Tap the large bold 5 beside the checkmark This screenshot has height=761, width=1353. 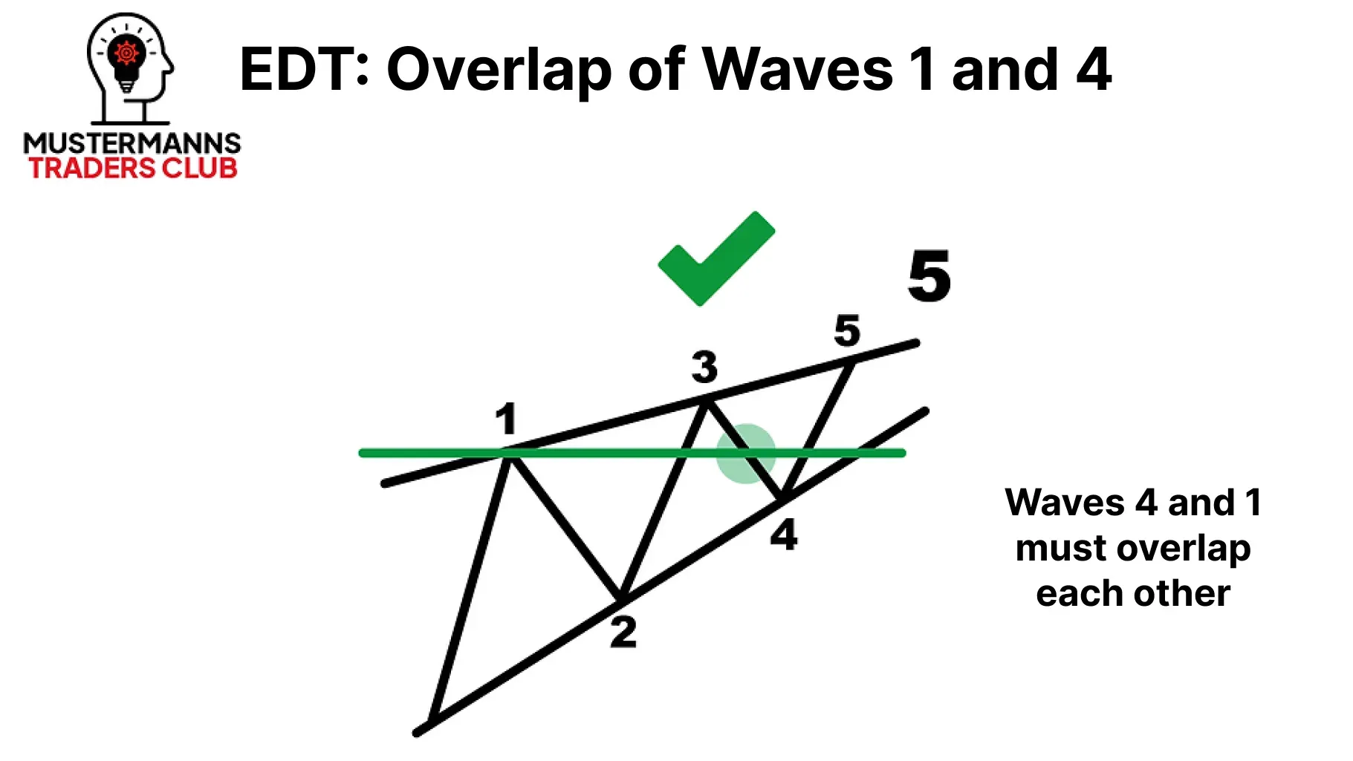click(x=929, y=276)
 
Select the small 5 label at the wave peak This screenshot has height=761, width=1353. click(x=847, y=330)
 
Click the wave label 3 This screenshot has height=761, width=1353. click(x=704, y=367)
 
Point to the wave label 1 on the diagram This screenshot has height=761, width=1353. click(x=506, y=419)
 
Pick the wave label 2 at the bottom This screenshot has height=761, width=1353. click(x=623, y=633)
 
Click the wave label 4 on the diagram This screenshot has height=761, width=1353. click(x=784, y=535)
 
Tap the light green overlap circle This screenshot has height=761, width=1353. click(x=746, y=454)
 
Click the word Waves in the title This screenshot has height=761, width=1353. click(x=797, y=70)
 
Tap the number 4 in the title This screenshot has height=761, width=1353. click(x=1094, y=70)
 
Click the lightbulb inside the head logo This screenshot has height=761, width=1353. click(x=127, y=59)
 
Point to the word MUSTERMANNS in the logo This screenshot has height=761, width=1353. click(x=132, y=143)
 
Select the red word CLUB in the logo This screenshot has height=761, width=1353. click(x=200, y=168)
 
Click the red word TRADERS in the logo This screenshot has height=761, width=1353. click(x=91, y=168)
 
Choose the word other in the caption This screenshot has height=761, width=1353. click(x=1182, y=593)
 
